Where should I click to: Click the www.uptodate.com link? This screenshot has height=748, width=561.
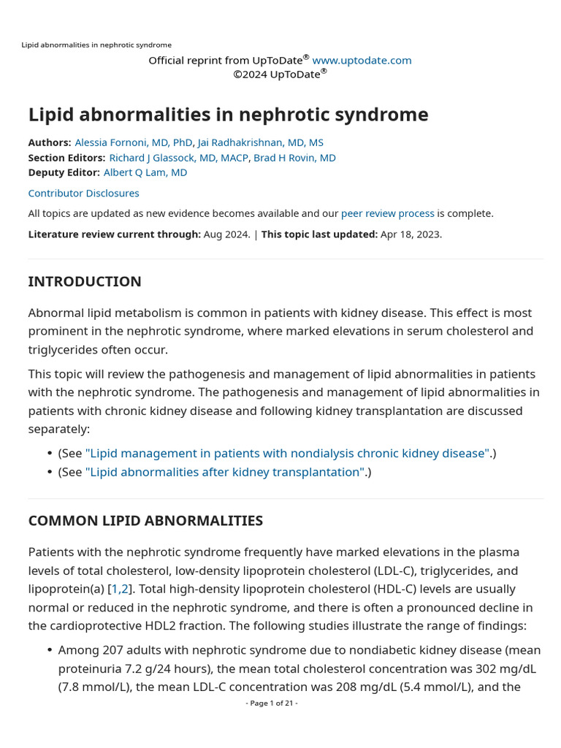click(x=362, y=60)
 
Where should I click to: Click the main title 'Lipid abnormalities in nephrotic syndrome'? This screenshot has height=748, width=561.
click(x=228, y=115)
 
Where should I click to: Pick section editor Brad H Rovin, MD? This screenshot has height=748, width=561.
click(x=294, y=158)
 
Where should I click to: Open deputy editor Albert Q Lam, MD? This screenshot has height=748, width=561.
click(x=145, y=172)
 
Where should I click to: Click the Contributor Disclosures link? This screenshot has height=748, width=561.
click(x=83, y=194)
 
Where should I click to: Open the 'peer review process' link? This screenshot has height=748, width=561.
click(x=387, y=213)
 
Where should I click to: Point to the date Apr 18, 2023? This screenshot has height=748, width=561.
click(x=411, y=234)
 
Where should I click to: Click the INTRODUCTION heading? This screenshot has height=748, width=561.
click(x=85, y=282)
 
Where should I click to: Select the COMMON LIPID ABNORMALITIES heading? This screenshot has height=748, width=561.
click(x=145, y=521)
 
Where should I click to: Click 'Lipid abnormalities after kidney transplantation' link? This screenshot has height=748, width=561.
click(x=226, y=472)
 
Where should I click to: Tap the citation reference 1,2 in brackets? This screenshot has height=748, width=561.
click(x=119, y=589)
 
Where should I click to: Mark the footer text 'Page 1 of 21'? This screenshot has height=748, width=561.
click(x=272, y=703)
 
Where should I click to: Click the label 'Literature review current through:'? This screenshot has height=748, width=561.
click(x=114, y=234)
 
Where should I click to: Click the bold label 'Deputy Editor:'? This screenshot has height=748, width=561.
click(x=64, y=172)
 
